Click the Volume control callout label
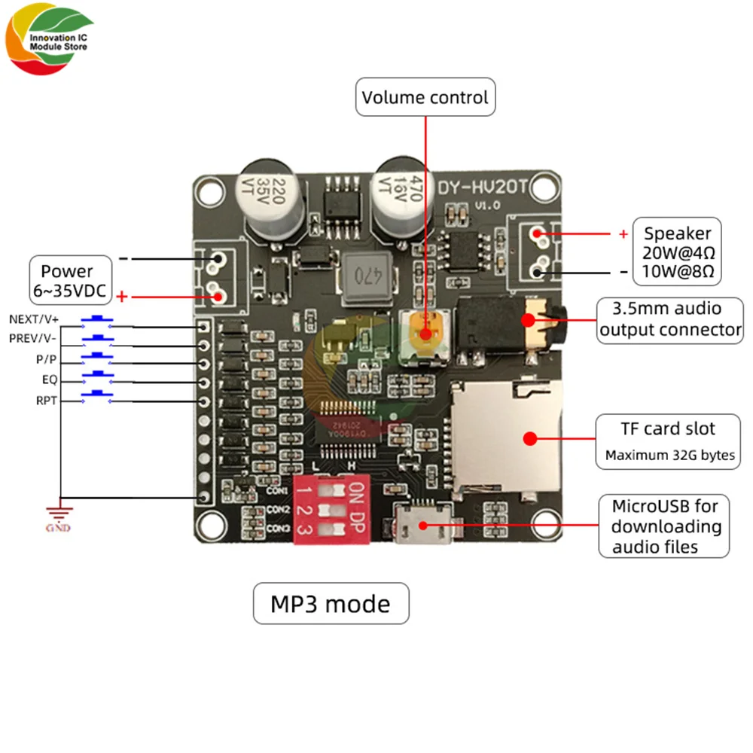pyautogui.click(x=425, y=97)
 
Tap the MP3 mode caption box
pyautogui.click(x=331, y=603)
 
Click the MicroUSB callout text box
pyautogui.click(x=665, y=526)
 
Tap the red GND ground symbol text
pyautogui.click(x=59, y=528)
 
